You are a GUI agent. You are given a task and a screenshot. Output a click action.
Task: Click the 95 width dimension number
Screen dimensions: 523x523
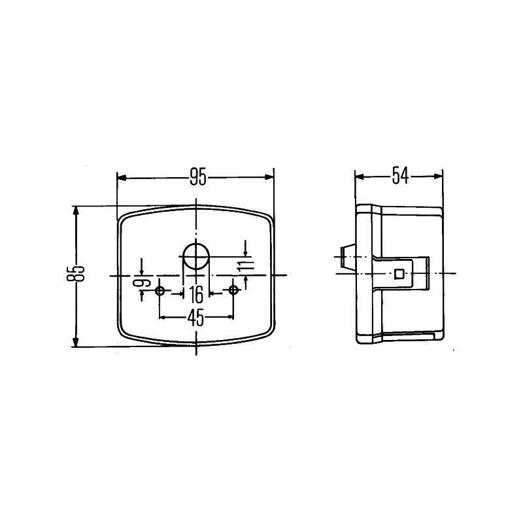pyautogui.click(x=198, y=177)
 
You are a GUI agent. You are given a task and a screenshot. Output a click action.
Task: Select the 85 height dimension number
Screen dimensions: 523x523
pyautogui.click(x=76, y=274)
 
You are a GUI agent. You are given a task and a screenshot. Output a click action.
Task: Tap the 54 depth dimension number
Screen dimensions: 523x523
pyautogui.click(x=400, y=176)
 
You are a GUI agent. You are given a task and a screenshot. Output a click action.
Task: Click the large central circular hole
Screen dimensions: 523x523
pyautogui.click(x=195, y=256)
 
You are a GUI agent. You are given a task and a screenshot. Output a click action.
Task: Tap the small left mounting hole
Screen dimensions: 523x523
pyautogui.click(x=160, y=291)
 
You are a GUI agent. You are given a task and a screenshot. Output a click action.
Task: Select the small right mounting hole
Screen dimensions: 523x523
pyautogui.click(x=233, y=290)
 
